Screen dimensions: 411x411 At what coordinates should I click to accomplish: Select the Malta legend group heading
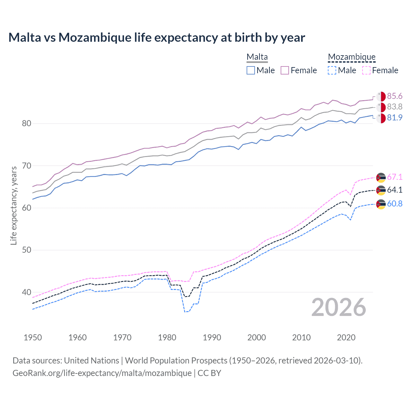tap(257, 57)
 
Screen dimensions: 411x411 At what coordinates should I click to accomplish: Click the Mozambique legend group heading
tap(352, 57)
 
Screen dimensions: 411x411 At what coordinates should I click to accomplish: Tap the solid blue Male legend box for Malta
tap(251, 70)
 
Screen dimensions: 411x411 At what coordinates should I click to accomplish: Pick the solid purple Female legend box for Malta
tap(285, 70)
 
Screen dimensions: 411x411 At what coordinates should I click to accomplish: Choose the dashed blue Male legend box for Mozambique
tap(332, 70)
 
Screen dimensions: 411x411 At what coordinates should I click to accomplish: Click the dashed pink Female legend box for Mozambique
tap(366, 70)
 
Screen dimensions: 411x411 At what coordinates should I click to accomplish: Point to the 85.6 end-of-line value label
tap(395, 96)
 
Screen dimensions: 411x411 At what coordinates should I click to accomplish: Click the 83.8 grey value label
tap(395, 107)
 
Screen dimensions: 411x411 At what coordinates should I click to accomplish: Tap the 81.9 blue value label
tap(395, 118)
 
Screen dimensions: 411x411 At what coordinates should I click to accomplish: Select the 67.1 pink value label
tap(395, 177)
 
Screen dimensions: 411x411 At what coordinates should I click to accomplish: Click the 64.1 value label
tap(395, 190)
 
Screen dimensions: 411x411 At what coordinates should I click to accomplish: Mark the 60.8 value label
tap(395, 204)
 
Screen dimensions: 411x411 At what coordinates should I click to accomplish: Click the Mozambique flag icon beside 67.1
tap(381, 177)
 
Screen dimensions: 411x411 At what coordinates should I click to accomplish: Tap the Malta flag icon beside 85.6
tap(381, 96)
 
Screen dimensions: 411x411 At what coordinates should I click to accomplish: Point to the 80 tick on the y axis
tap(26, 124)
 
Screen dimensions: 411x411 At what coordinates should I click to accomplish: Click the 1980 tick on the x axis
tap(167, 337)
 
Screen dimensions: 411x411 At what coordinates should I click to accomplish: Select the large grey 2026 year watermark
tap(339, 308)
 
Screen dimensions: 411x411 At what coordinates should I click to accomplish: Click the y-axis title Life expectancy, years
tap(13, 205)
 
